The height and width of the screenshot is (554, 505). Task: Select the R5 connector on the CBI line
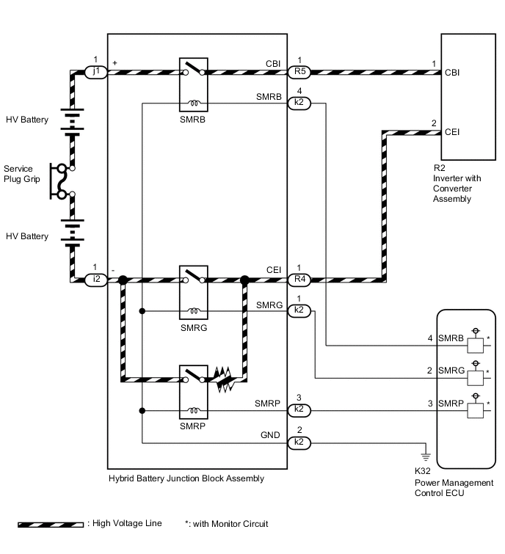(x=299, y=72)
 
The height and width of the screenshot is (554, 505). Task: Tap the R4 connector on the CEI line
(x=299, y=279)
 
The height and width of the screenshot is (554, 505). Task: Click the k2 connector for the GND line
(x=299, y=443)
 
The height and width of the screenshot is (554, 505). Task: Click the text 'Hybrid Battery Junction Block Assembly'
(x=186, y=478)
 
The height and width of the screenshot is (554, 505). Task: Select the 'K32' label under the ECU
(x=423, y=470)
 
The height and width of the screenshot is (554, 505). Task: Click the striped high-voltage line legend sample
(x=51, y=525)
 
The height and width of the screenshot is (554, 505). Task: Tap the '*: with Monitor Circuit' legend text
(x=227, y=524)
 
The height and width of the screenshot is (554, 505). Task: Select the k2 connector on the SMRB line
(x=299, y=103)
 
